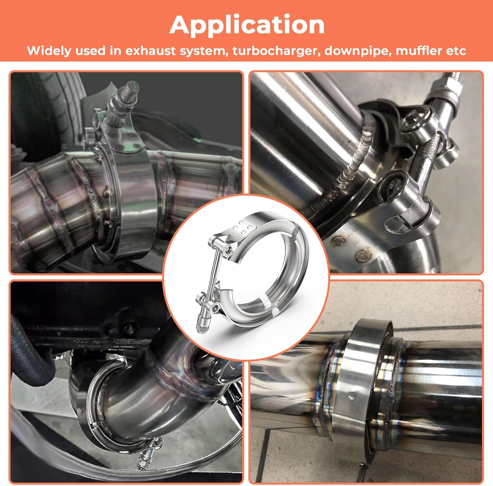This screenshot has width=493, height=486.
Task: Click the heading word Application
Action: [247, 25]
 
